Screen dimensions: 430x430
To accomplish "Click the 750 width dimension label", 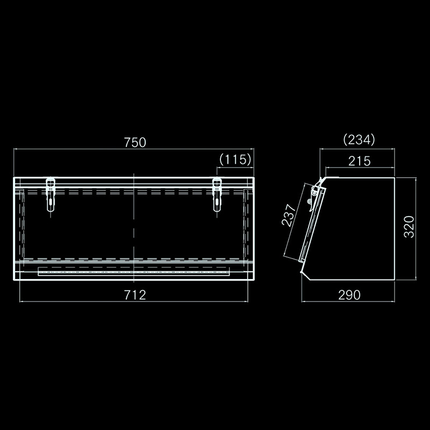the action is (135, 142).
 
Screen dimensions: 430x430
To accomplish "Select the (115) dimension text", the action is (235, 159).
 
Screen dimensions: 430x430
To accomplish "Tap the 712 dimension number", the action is (135, 295).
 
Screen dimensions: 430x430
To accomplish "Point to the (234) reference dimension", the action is (359, 140).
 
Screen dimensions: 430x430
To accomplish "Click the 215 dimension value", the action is (360, 161).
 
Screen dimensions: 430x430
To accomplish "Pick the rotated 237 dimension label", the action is (289, 215).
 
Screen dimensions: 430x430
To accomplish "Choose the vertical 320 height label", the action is (409, 227).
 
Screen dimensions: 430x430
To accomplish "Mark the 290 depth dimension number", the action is (349, 295).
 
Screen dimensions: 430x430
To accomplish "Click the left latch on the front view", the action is (51, 195).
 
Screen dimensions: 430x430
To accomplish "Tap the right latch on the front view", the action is (217, 195).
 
